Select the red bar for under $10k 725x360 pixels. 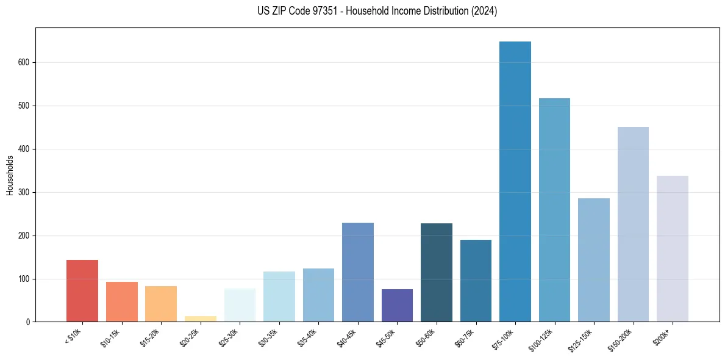pyautogui.click(x=82, y=291)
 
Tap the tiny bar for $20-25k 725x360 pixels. pyautogui.click(x=200, y=319)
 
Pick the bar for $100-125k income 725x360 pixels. pyautogui.click(x=554, y=210)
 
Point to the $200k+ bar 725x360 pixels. pyautogui.click(x=672, y=249)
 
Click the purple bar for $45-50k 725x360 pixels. pyautogui.click(x=397, y=306)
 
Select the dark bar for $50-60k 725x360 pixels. pyautogui.click(x=436, y=273)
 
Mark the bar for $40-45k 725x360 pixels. pyautogui.click(x=358, y=272)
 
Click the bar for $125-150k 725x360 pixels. pyautogui.click(x=593, y=260)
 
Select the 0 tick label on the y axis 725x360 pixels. pyautogui.click(x=29, y=322)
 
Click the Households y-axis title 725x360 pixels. pyautogui.click(x=10, y=175)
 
